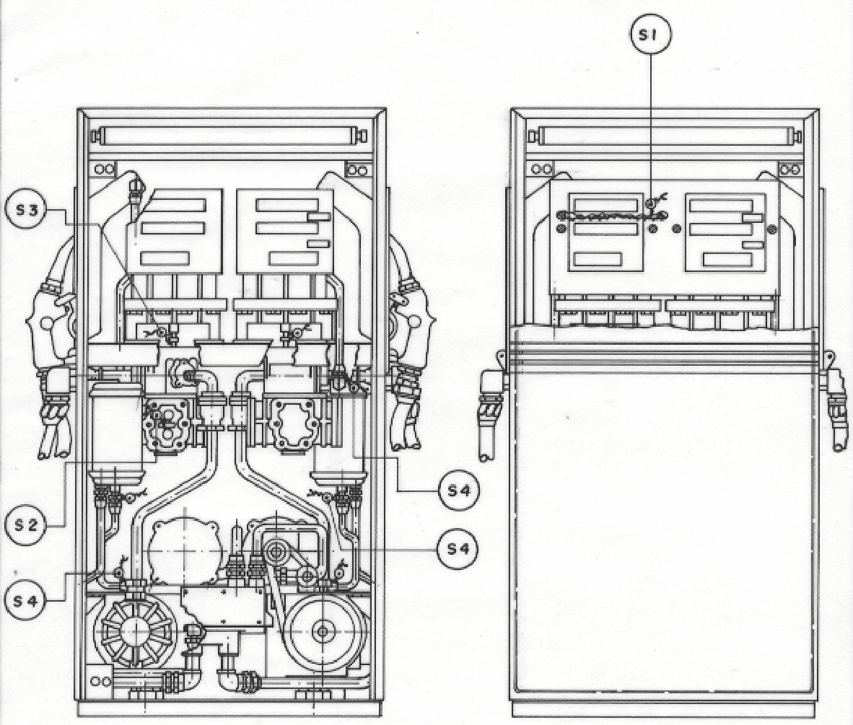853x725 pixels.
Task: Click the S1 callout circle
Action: pyautogui.click(x=651, y=35)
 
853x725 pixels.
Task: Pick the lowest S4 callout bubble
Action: pyautogui.click(x=25, y=601)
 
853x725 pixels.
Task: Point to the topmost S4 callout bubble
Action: pyautogui.click(x=459, y=490)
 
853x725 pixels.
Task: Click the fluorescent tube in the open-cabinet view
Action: pyautogui.click(x=232, y=136)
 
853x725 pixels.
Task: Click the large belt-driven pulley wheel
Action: pyautogui.click(x=323, y=631)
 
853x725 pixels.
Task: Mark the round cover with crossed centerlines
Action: pyautogui.click(x=185, y=550)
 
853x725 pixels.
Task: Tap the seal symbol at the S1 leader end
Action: pyautogui.click(x=651, y=203)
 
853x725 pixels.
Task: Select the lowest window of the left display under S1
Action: pyautogui.click(x=598, y=260)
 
